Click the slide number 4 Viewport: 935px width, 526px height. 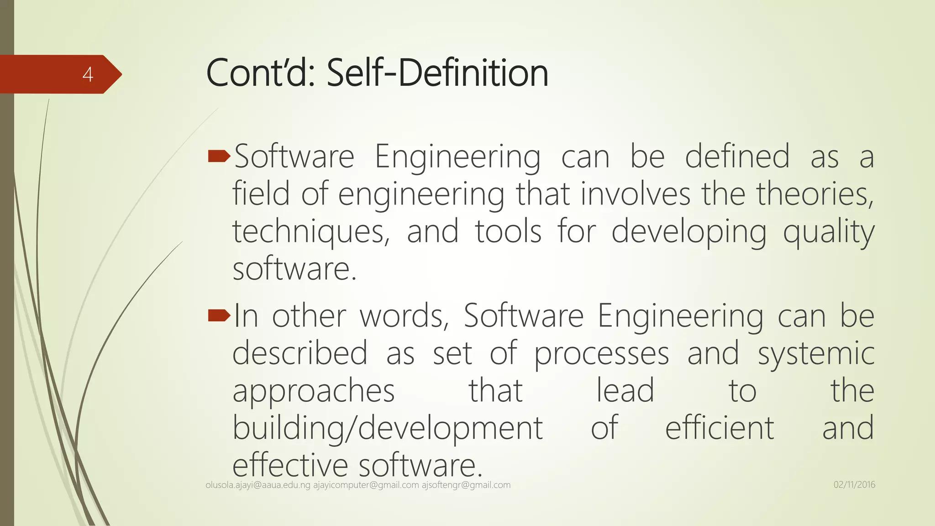point(88,74)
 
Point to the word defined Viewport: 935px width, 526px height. point(737,157)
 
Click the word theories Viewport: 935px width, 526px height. point(815,194)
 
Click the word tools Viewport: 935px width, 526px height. point(508,231)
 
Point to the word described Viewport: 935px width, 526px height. point(300,353)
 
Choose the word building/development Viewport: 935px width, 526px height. point(388,428)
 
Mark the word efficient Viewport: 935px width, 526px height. point(720,428)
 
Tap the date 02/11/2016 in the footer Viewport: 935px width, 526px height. point(854,485)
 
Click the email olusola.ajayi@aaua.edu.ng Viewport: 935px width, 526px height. point(258,485)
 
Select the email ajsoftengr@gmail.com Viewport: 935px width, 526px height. point(466,485)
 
